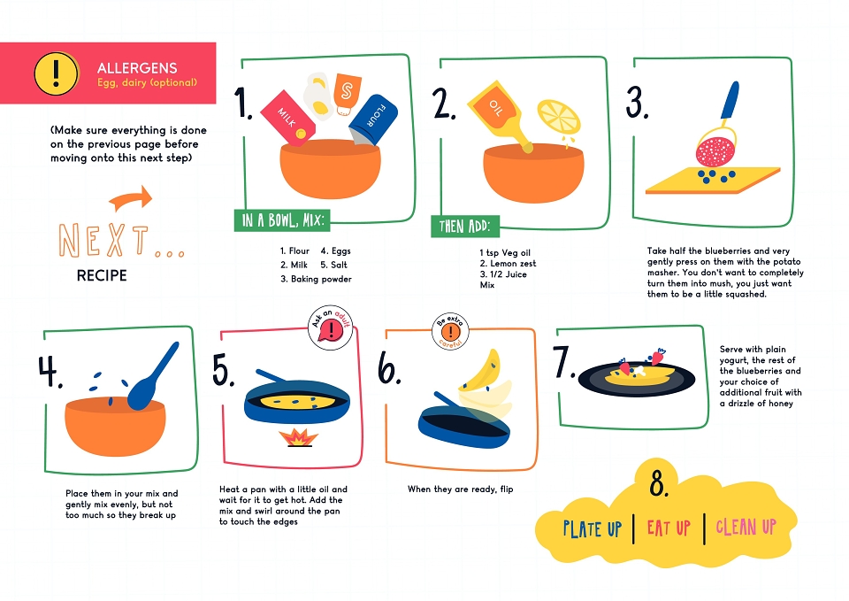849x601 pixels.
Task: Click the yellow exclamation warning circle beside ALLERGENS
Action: (56, 73)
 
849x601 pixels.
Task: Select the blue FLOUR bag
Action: (373, 120)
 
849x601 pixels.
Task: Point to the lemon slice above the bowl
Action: (559, 117)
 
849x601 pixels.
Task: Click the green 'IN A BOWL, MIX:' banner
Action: (282, 220)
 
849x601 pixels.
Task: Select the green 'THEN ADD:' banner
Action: (465, 226)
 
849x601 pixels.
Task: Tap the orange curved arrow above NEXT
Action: (132, 198)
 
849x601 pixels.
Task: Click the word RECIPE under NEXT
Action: (102, 276)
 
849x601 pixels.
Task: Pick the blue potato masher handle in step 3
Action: (730, 101)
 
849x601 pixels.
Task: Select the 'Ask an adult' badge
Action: (331, 327)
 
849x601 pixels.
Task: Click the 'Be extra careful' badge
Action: (450, 331)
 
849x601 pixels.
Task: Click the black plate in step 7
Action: (637, 378)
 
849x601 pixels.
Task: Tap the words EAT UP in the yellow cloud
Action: (669, 528)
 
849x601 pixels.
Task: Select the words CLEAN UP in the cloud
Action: (746, 527)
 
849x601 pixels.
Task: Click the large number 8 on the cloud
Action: (659, 483)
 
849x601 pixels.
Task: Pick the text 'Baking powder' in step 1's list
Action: (321, 279)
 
